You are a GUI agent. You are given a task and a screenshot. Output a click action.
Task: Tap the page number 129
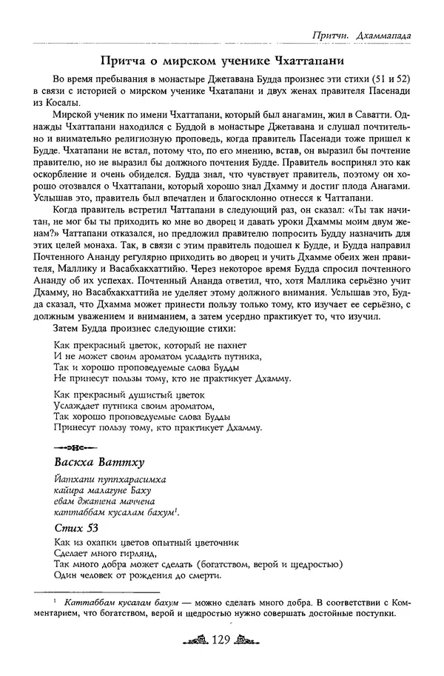(223, 640)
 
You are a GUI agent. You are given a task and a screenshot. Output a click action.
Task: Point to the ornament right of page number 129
(252, 641)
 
